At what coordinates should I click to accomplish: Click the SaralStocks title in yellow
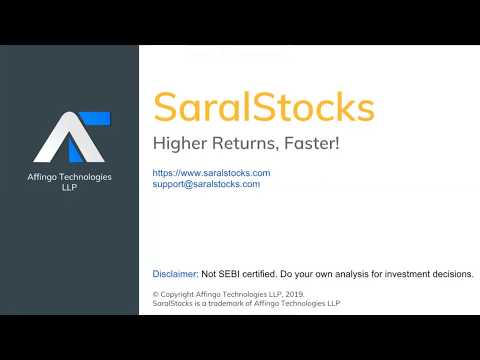pos(263,107)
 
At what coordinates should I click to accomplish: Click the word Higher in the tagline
pos(177,144)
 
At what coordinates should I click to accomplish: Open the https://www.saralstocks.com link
pos(211,173)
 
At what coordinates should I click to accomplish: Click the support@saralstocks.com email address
pos(206,184)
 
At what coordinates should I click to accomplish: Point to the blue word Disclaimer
pos(174,274)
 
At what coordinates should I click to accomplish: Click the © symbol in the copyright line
pos(156,294)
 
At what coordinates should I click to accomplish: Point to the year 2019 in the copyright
pos(291,294)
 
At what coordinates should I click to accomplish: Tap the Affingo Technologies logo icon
pos(69,138)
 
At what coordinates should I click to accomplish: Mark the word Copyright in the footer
pos(180,294)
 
